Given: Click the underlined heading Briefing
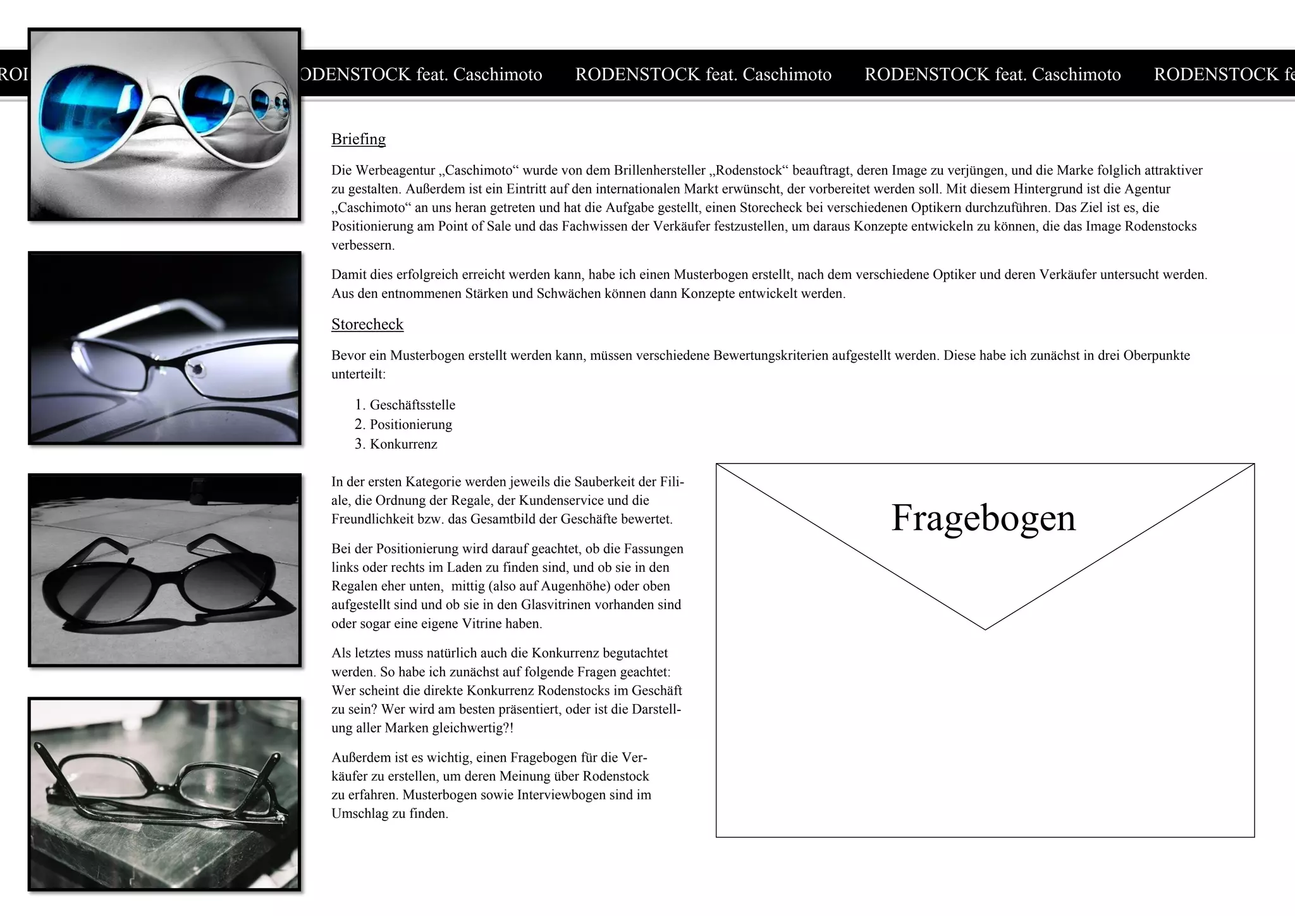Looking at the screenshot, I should (358, 139).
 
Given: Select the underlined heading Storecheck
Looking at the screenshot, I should (367, 325).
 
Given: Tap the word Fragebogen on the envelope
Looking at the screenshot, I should (983, 517).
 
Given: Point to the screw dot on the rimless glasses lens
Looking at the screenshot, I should (197, 368).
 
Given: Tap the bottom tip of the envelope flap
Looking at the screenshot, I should (985, 629).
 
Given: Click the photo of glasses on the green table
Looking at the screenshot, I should (164, 794).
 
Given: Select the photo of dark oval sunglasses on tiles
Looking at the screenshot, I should (164, 569).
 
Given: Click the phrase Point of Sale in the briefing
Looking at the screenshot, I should (475, 226).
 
